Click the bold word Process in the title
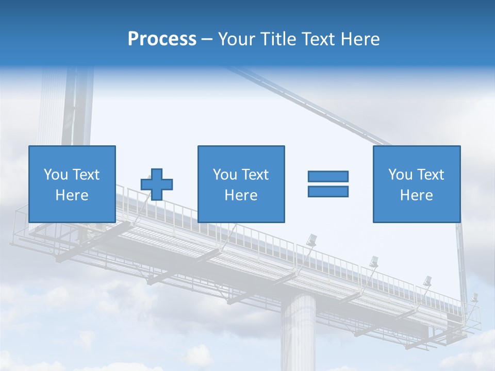(x=162, y=39)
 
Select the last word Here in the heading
(x=360, y=39)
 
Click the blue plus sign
(x=157, y=184)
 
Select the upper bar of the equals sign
(x=328, y=176)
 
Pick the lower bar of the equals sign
(x=328, y=191)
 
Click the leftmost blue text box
(x=72, y=184)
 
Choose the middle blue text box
(x=241, y=184)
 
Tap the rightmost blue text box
(x=416, y=184)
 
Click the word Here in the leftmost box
(x=72, y=195)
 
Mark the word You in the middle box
(x=225, y=175)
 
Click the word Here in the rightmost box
(x=416, y=195)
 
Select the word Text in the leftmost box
(x=86, y=175)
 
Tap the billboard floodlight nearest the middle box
(x=311, y=240)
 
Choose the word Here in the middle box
(x=241, y=195)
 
